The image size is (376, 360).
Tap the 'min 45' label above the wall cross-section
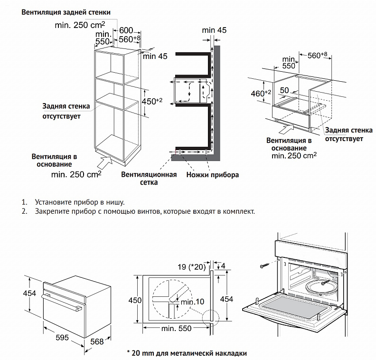(x=214, y=30)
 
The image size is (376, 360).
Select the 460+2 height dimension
(x=261, y=93)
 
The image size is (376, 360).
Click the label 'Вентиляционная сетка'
(x=149, y=178)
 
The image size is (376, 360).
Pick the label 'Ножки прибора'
(x=212, y=175)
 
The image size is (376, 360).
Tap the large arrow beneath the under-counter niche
(x=283, y=127)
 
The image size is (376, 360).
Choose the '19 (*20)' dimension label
(x=189, y=267)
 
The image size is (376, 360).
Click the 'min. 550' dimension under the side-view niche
(x=176, y=328)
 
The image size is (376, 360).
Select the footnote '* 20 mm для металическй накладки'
(x=187, y=354)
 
